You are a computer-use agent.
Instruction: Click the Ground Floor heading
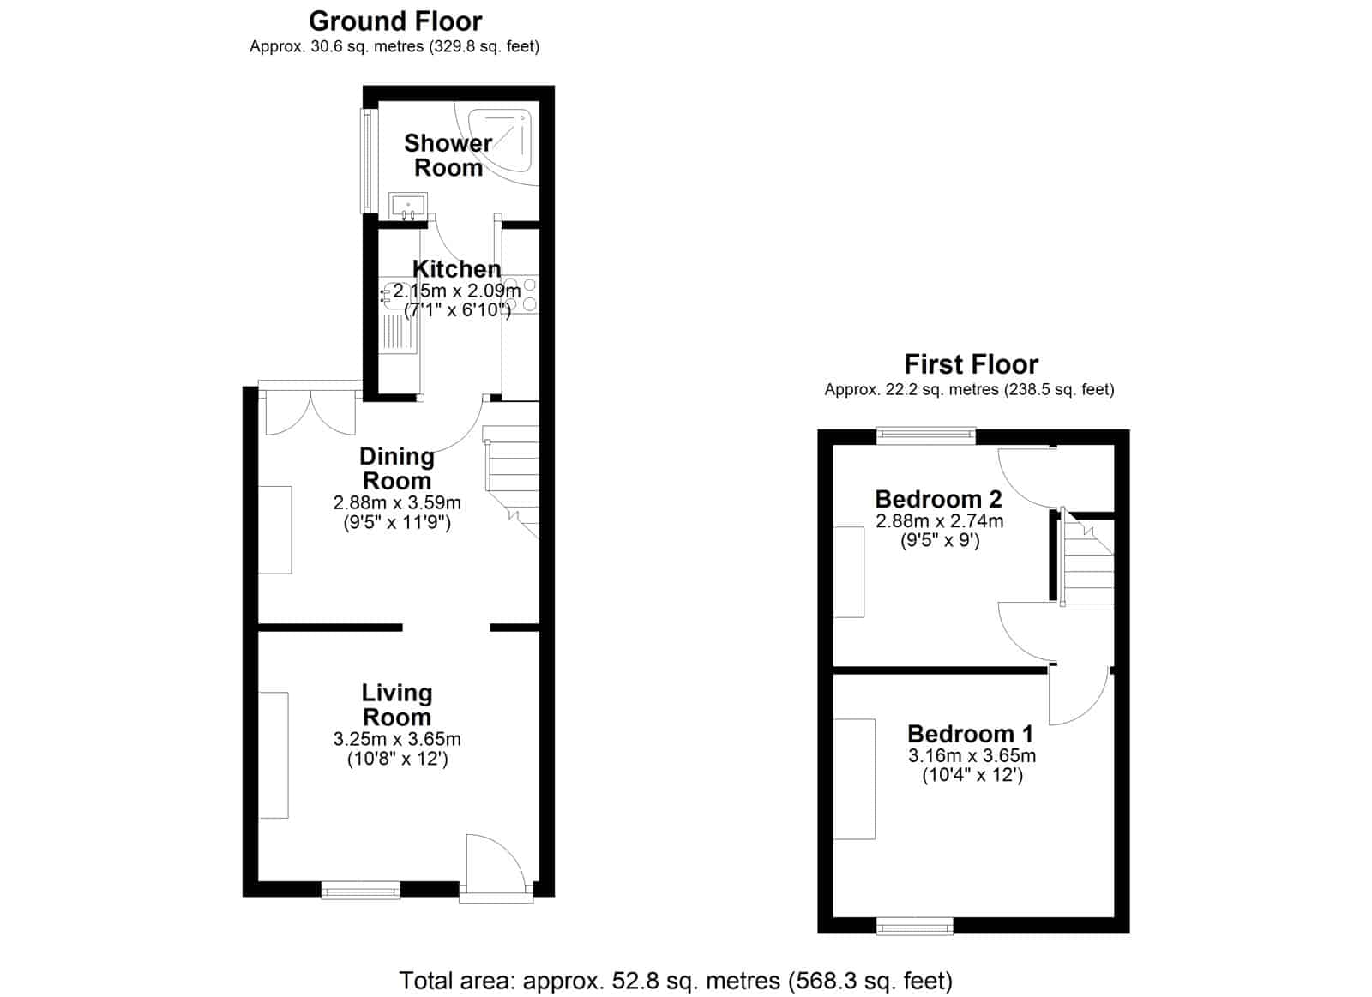(395, 21)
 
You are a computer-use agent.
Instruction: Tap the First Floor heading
(971, 364)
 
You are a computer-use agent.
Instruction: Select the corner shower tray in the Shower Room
(498, 141)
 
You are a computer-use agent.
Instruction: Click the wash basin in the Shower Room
(408, 205)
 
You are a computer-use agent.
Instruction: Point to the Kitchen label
(456, 269)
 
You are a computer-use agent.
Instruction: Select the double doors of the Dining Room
(310, 412)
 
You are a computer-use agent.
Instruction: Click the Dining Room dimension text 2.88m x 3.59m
(397, 503)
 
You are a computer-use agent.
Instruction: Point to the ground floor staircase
(512, 481)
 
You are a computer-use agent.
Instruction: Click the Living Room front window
(361, 891)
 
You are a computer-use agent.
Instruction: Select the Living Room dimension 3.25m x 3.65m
(397, 739)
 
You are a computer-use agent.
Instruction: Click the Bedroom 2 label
(938, 499)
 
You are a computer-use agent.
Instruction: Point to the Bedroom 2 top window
(925, 436)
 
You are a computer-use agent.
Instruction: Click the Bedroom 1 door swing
(1080, 696)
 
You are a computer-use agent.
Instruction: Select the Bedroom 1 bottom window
(914, 926)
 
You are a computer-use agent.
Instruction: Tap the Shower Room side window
(368, 161)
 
